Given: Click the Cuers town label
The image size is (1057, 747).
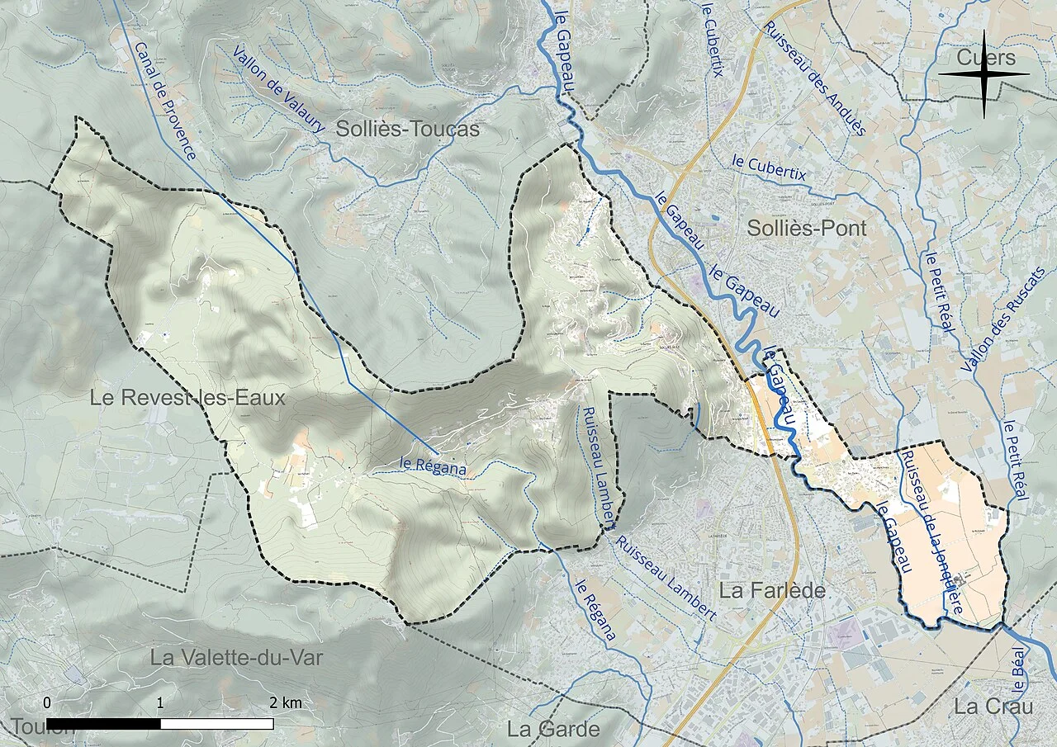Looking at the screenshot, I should point(985,58).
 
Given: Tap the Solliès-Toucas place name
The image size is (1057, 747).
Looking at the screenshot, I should point(407,130).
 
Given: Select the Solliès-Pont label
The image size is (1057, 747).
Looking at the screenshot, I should point(807,229).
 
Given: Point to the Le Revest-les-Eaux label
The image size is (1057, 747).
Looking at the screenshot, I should point(187,398).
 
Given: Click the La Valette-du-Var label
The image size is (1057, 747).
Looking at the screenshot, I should point(236,657).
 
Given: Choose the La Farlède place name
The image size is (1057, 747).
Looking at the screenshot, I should point(772,590).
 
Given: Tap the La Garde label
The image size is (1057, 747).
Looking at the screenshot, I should point(553,729).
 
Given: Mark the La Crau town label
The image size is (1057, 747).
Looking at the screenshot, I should point(993,707).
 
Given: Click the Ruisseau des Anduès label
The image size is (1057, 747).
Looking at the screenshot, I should point(814,78).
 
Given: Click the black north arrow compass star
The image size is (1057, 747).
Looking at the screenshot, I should point(984,74).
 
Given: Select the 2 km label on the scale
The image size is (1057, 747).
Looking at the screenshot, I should point(286,703).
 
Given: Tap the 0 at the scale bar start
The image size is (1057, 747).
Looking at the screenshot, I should point(47,703).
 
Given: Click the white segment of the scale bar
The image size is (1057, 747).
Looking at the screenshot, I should point(216,724).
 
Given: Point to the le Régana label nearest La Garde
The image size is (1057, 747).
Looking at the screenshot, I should point(595,608).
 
